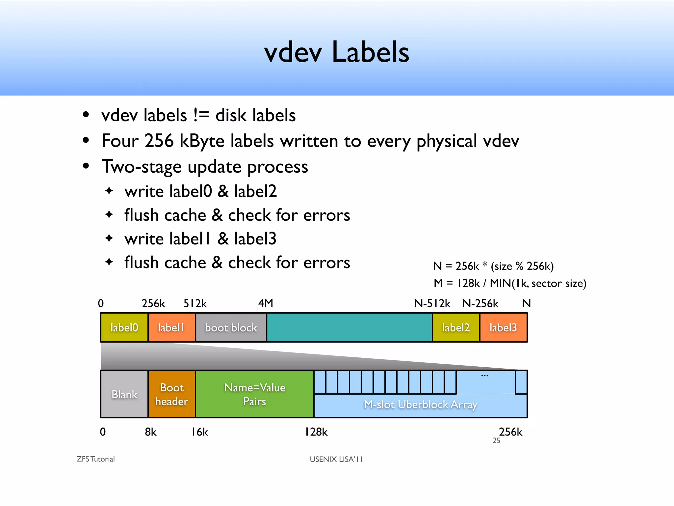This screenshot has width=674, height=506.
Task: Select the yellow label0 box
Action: tap(124, 327)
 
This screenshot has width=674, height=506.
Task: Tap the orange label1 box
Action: tap(171, 327)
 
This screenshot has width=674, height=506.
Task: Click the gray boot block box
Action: tap(231, 327)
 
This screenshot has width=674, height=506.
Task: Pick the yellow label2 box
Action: tap(456, 327)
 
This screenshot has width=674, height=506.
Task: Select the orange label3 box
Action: tap(503, 327)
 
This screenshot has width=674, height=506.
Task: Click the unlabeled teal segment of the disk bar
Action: tap(349, 327)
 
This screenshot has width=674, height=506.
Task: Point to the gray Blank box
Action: tap(124, 394)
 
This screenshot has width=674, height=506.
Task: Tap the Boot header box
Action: tap(171, 394)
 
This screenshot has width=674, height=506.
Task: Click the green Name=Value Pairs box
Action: tap(255, 394)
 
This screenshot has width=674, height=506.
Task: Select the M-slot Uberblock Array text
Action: tap(420, 405)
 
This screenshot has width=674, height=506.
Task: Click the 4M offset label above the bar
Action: tap(266, 303)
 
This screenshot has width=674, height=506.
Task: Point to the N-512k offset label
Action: tap(432, 303)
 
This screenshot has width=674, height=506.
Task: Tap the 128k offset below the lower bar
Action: tap(316, 432)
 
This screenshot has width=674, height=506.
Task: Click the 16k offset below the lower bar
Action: tap(200, 432)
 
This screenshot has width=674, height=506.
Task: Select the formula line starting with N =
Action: tap(493, 266)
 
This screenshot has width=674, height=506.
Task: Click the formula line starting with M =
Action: tap(510, 283)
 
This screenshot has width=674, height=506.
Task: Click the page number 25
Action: tap(496, 441)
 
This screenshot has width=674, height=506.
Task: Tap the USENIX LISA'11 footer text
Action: tap(336, 459)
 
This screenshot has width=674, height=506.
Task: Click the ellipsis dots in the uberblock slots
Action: tap(484, 376)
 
